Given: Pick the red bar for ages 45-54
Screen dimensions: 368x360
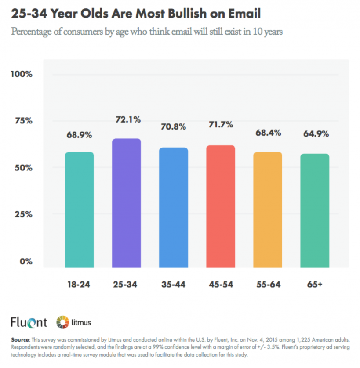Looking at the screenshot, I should point(221,206).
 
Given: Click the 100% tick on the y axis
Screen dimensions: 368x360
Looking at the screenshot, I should point(22,74).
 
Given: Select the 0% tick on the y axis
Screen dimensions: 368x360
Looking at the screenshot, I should point(25,262).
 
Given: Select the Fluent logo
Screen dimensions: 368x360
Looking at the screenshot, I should point(29,322).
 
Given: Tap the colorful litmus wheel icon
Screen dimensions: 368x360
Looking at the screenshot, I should point(62,323).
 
